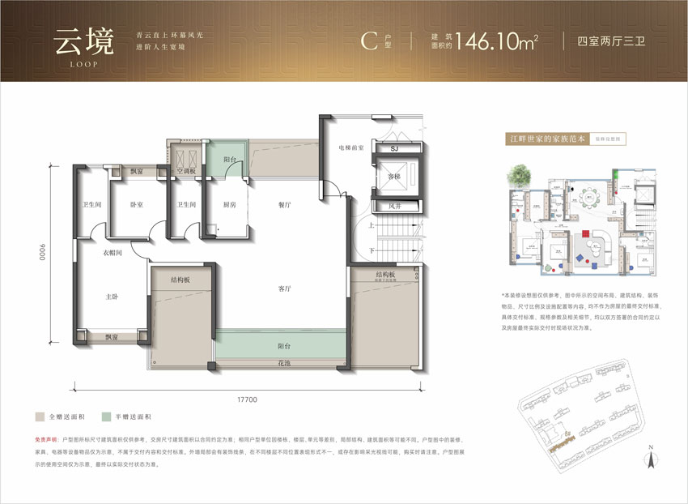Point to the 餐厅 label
pyautogui.click(x=284, y=205)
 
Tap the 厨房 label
pyautogui.click(x=230, y=205)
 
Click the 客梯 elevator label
pyautogui.click(x=395, y=176)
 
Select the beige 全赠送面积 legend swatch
pyautogui.click(x=39, y=416)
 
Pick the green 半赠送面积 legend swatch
pyautogui.click(x=106, y=416)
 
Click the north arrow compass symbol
pyautogui.click(x=650, y=459)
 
